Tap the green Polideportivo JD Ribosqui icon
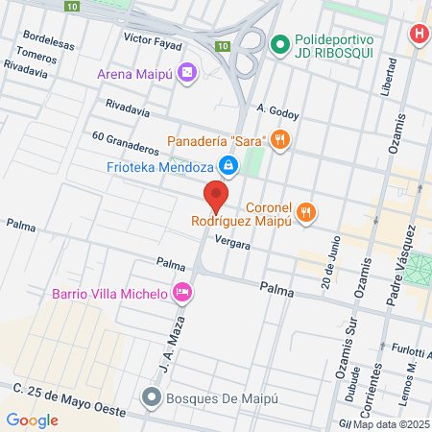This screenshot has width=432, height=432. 280,43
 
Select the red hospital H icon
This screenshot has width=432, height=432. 419,35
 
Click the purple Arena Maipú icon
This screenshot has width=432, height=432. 187,73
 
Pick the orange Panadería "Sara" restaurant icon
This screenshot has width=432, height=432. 280,141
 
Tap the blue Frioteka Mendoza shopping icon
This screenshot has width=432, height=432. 228,166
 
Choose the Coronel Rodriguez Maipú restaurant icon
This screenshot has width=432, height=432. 306,212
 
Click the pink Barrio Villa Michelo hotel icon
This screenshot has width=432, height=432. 181,292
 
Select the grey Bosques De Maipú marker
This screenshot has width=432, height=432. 151,396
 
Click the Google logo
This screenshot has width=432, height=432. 33,420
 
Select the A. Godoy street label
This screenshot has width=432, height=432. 278,113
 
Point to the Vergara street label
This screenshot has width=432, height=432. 232,244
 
